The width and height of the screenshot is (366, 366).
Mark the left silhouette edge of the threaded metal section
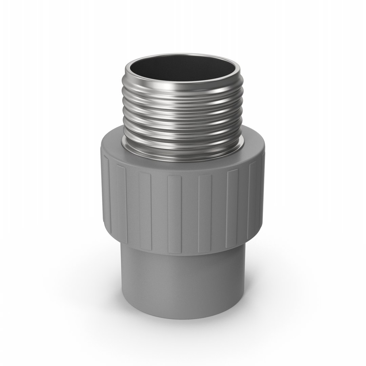[123, 112]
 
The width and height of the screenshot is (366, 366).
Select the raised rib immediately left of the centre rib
[145, 210]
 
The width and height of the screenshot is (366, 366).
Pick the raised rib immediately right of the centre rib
[205, 210]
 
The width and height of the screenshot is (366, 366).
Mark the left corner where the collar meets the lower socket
[121, 243]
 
